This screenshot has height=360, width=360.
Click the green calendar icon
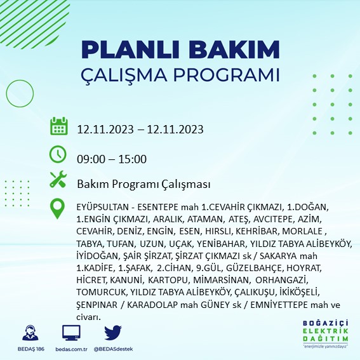59,126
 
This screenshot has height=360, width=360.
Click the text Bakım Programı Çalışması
143,185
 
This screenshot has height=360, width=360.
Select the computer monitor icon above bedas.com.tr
71,333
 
